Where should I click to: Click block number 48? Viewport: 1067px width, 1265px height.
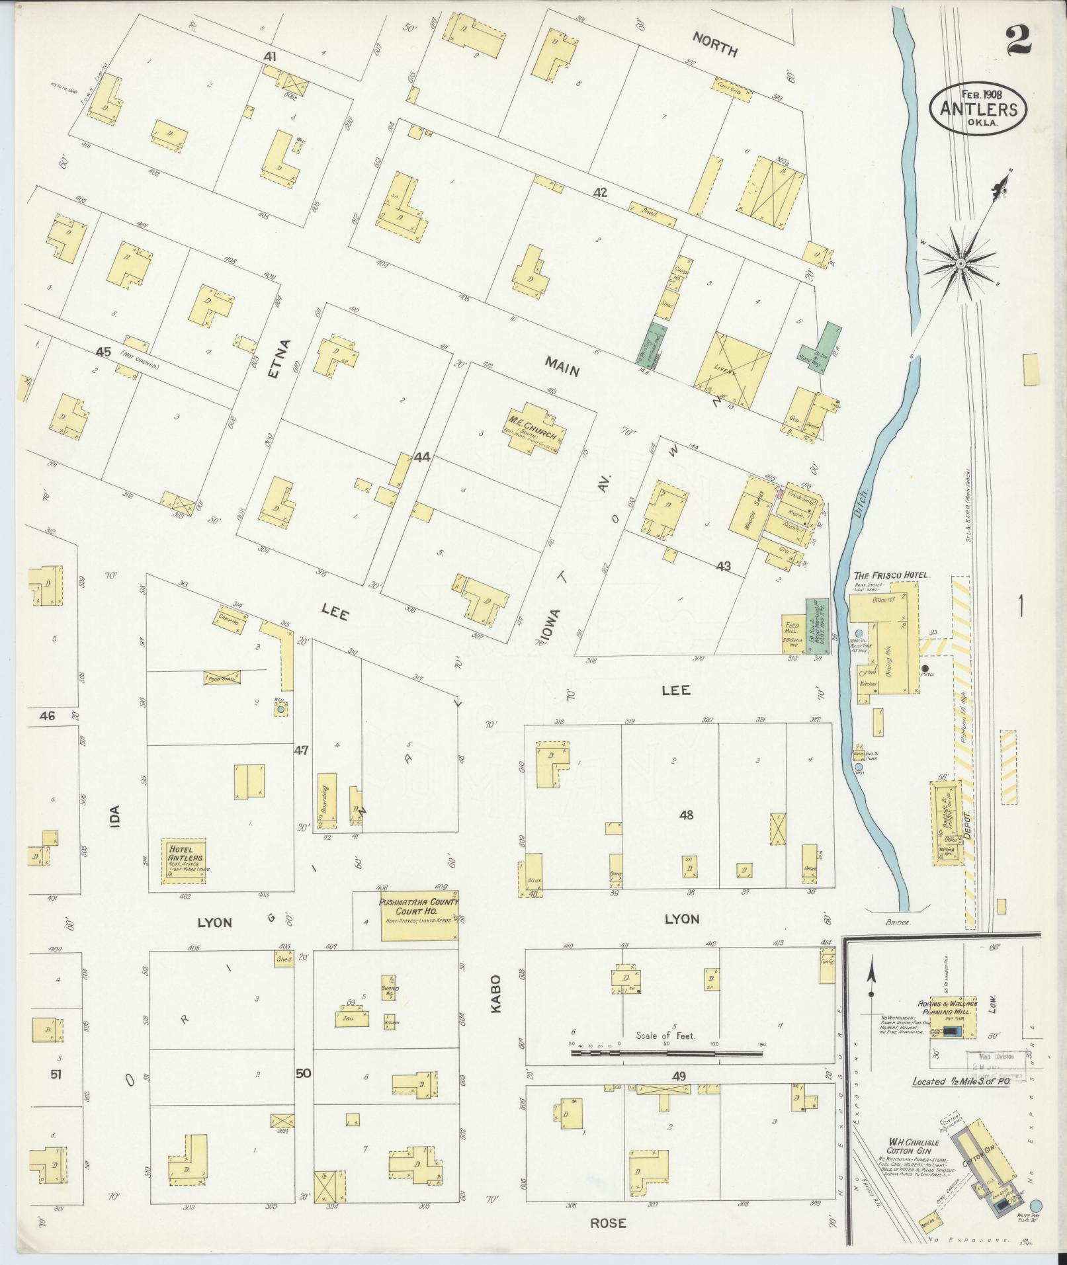[685, 815]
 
